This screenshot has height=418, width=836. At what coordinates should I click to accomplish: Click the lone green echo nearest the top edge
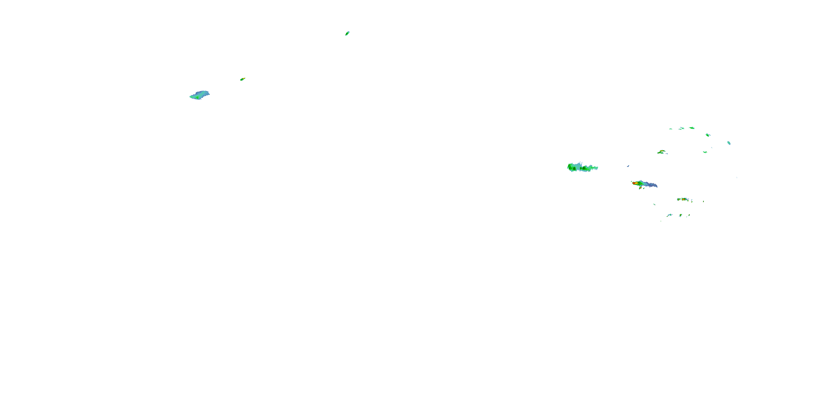(347, 33)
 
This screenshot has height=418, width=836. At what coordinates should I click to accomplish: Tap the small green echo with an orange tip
(242, 79)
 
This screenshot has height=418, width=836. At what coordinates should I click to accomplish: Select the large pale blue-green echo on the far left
(200, 95)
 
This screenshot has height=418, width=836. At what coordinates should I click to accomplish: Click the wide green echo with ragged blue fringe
(582, 167)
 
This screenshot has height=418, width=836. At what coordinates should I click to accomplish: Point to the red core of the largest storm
(634, 183)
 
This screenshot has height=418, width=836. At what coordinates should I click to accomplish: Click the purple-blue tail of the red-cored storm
(651, 185)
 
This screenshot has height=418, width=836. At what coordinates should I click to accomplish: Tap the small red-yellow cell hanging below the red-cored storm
(640, 188)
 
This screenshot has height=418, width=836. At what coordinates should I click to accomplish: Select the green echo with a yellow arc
(662, 152)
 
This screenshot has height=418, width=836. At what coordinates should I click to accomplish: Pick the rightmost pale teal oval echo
(729, 143)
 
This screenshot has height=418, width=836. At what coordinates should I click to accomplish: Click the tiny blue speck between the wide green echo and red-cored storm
(628, 166)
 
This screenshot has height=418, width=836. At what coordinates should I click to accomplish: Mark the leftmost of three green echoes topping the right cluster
(671, 129)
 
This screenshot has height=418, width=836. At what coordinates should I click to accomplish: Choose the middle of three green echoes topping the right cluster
(682, 128)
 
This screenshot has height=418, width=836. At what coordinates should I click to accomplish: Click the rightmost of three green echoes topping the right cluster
(692, 128)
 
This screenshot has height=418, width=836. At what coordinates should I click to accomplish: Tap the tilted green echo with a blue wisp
(708, 135)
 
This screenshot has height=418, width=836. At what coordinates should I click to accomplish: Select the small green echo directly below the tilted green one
(705, 152)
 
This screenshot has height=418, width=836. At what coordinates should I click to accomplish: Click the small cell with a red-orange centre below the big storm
(684, 199)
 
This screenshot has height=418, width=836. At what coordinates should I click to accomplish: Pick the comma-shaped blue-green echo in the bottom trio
(669, 215)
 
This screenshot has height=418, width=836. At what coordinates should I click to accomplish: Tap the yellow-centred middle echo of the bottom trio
(681, 215)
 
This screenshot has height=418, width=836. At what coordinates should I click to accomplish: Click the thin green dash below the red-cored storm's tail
(654, 204)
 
